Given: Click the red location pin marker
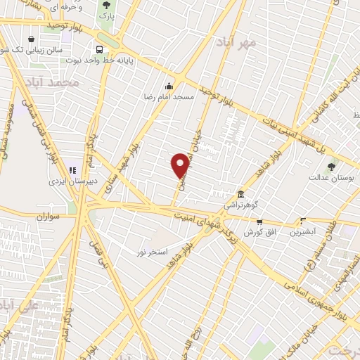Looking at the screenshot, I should pos(180,166).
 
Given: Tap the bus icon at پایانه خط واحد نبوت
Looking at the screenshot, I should pos(99,49).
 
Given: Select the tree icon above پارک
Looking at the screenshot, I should pos(106,5).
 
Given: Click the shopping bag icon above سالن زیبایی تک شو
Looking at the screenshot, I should pos(30,39).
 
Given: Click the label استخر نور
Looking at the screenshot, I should pos(153,250).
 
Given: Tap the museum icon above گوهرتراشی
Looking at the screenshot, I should pos(240,194).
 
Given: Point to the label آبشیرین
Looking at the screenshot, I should pos(303,231).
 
